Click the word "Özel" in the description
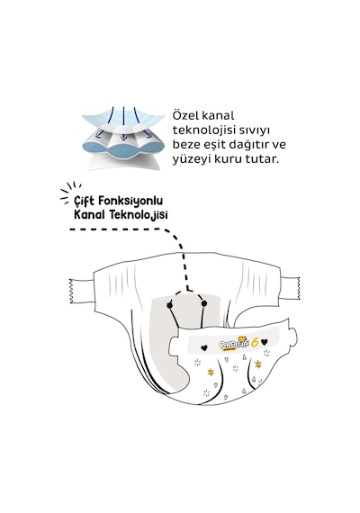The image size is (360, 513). [x=184, y=115]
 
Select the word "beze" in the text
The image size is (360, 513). [x=186, y=145]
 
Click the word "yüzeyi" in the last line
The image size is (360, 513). [x=191, y=159]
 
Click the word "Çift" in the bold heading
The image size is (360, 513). [x=84, y=201]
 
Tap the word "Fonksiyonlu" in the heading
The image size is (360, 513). [x=130, y=201]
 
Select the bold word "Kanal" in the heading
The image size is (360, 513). [x=89, y=215]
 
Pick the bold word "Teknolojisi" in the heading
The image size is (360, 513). [x=139, y=215]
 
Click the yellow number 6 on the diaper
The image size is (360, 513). [x=256, y=342]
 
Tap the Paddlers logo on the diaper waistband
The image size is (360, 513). [x=234, y=343]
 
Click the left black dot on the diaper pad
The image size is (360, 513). [x=169, y=305]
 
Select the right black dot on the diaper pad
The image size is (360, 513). [x=204, y=304]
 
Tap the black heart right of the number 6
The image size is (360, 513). [x=265, y=342]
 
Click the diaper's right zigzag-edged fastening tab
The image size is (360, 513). [x=291, y=288]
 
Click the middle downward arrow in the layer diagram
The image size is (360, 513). [x=123, y=123]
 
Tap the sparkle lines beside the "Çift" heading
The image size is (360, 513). [x=69, y=193]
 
